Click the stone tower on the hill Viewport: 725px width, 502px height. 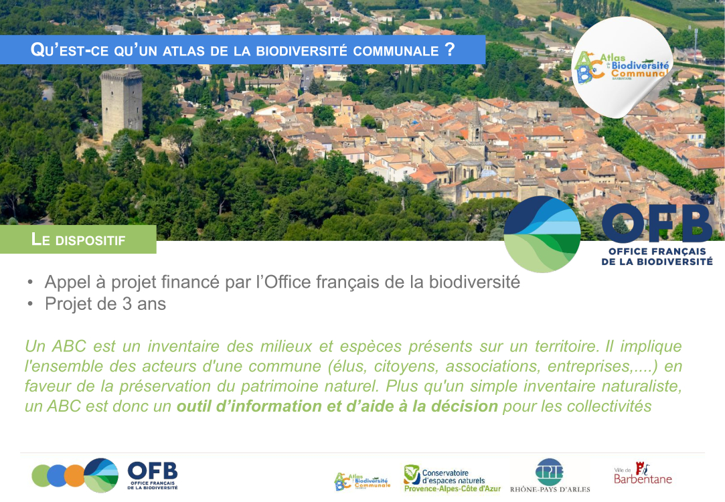pos(122,104)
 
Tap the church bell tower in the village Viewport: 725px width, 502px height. pos(476,129)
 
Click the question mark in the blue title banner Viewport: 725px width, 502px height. pos(449,49)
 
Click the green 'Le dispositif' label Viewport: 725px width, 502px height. pos(78,240)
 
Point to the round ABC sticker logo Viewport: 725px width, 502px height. pos(621,68)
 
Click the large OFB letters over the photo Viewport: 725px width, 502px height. pos(657,224)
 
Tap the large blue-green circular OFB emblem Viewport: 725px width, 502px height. pos(542,234)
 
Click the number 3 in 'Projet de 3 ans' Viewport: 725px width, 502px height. pos(127,304)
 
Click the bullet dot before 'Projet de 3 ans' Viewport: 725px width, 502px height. pos(30,304)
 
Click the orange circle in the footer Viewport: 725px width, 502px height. pos(74,476)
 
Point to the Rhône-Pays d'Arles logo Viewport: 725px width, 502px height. pos(550,475)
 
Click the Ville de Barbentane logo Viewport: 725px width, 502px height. pos(643,473)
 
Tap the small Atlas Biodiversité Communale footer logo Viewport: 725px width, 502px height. pos(363,481)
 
